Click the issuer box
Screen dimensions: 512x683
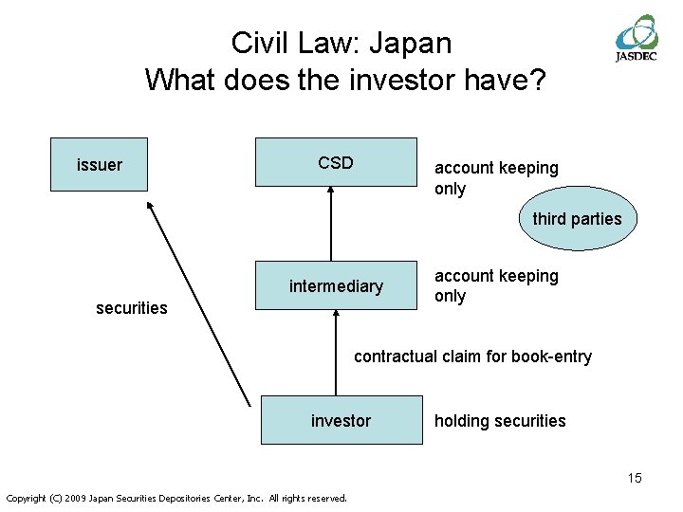point(99,165)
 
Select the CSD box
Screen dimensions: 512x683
point(335,162)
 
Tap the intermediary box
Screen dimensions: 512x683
point(335,285)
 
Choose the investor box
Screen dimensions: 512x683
point(341,420)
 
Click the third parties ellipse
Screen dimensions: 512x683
point(577,219)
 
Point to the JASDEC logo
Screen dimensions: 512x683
point(637,38)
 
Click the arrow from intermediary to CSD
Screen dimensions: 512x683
point(330,223)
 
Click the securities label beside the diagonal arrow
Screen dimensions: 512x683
point(132,307)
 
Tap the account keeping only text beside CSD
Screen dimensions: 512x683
point(496,178)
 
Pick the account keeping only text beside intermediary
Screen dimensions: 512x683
point(496,285)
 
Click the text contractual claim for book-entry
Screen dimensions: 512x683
point(472,357)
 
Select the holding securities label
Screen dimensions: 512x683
point(500,421)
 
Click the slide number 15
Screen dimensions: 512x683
point(634,478)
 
